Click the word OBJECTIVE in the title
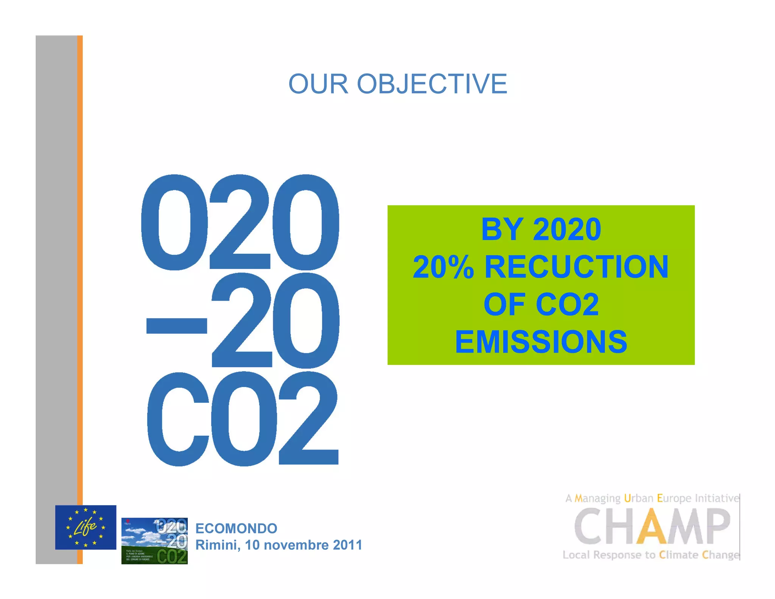click(432, 84)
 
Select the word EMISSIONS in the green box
click(541, 342)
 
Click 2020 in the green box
click(566, 229)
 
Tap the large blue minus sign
click(176, 326)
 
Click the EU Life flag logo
click(86, 527)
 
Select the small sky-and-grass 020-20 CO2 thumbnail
click(154, 541)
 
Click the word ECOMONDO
click(236, 528)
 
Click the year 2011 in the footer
click(347, 545)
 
